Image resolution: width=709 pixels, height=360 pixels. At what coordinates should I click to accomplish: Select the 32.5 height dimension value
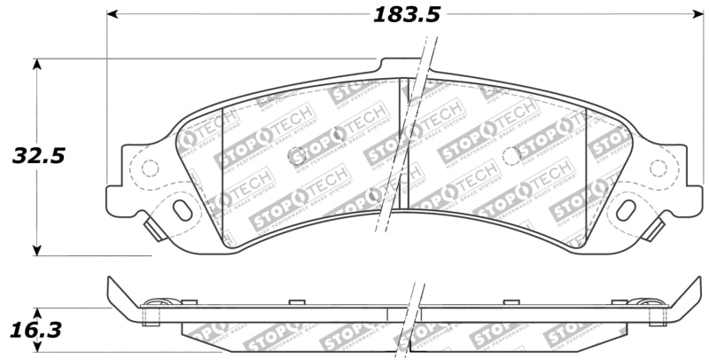coord(39,156)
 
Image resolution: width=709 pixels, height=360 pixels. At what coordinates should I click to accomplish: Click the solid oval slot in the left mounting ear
coord(183,210)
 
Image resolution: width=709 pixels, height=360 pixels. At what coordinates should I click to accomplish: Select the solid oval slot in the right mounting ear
coord(625,210)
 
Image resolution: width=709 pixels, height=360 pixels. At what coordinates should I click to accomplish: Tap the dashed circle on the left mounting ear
coord(150,167)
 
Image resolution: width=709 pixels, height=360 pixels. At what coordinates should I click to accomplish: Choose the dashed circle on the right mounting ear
coord(658,167)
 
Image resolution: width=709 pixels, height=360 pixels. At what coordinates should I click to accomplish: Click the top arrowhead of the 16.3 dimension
coord(37,313)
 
